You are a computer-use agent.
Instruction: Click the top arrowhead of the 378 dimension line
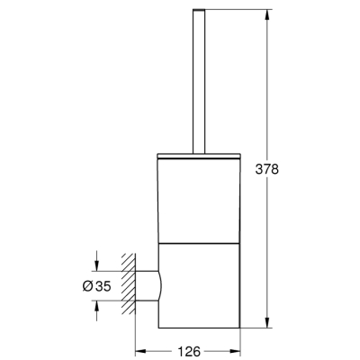coord(267,18)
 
